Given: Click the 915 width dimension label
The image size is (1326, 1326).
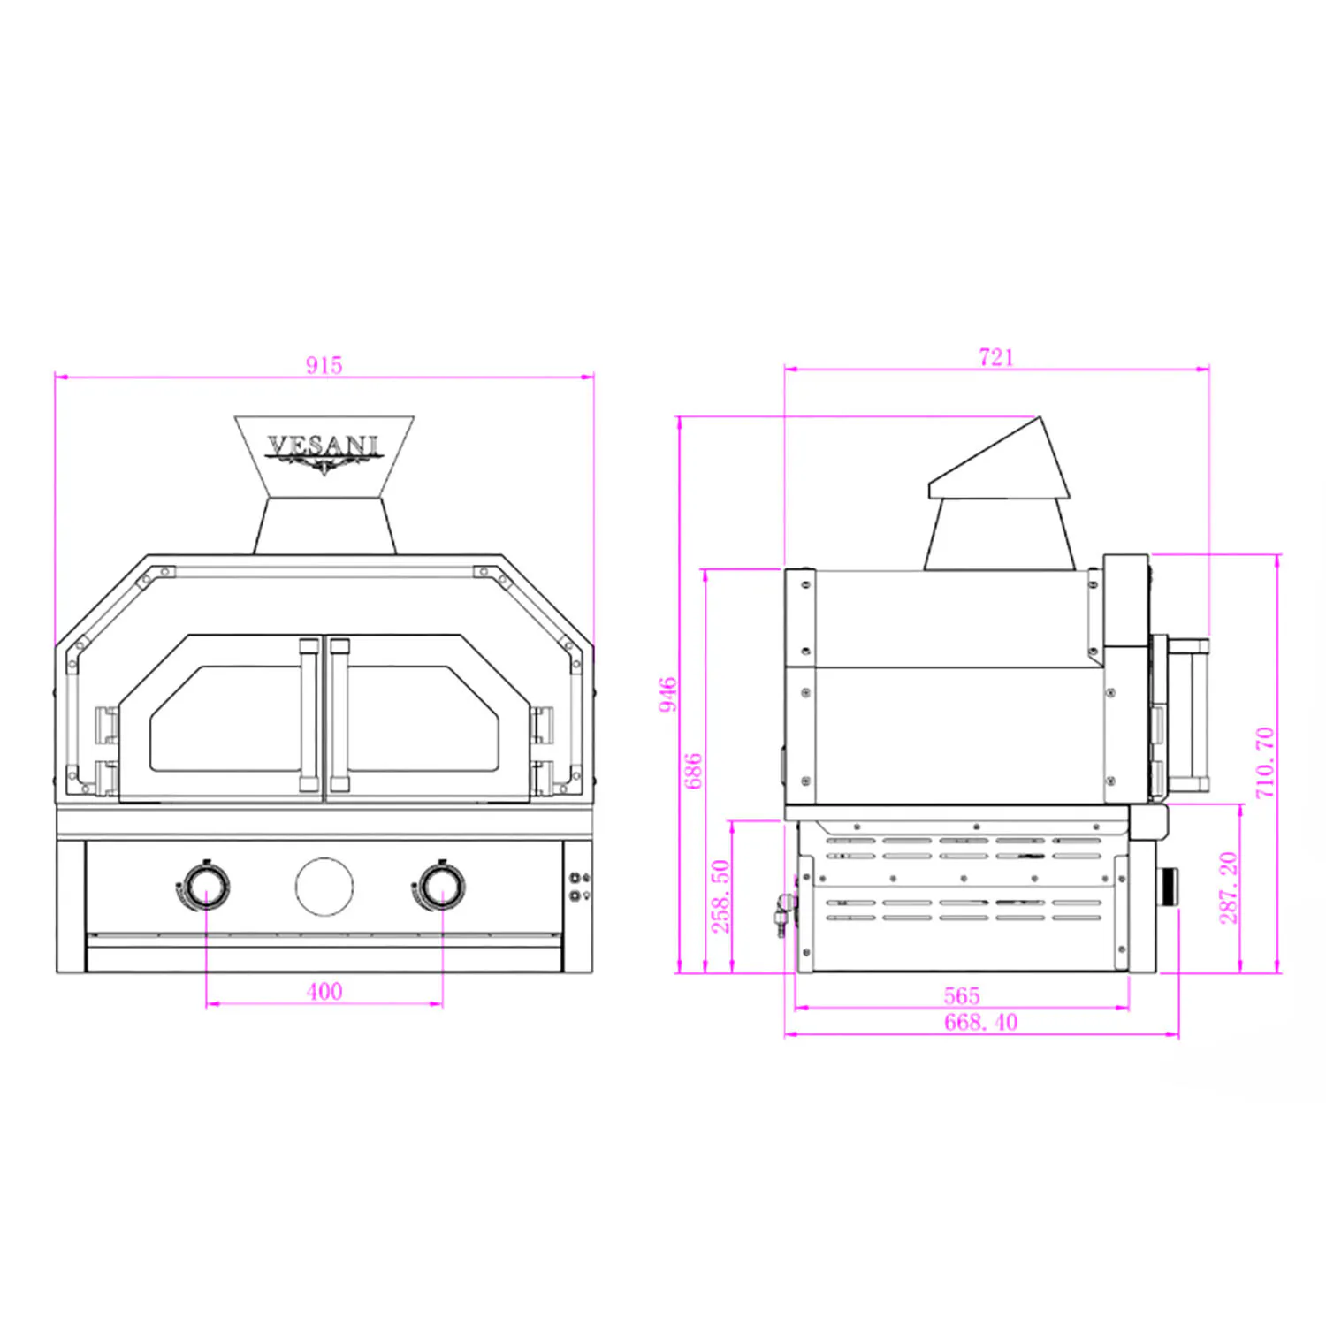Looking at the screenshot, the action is (x=324, y=365).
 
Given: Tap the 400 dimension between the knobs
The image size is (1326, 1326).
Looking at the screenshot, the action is (x=324, y=991).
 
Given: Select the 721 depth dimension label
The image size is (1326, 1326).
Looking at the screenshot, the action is (x=996, y=357).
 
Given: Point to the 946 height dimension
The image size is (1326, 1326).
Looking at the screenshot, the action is (x=667, y=694).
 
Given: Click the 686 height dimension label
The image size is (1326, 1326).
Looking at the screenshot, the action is (x=693, y=771).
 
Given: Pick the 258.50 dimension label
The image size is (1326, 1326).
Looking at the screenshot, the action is (x=720, y=895).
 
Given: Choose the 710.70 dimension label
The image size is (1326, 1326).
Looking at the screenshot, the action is (x=1265, y=763).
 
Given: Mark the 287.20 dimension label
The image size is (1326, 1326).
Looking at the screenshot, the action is (x=1228, y=888).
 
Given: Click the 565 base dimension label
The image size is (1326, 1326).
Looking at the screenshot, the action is (x=962, y=995).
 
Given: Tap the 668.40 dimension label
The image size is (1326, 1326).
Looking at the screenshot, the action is (x=981, y=1023).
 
